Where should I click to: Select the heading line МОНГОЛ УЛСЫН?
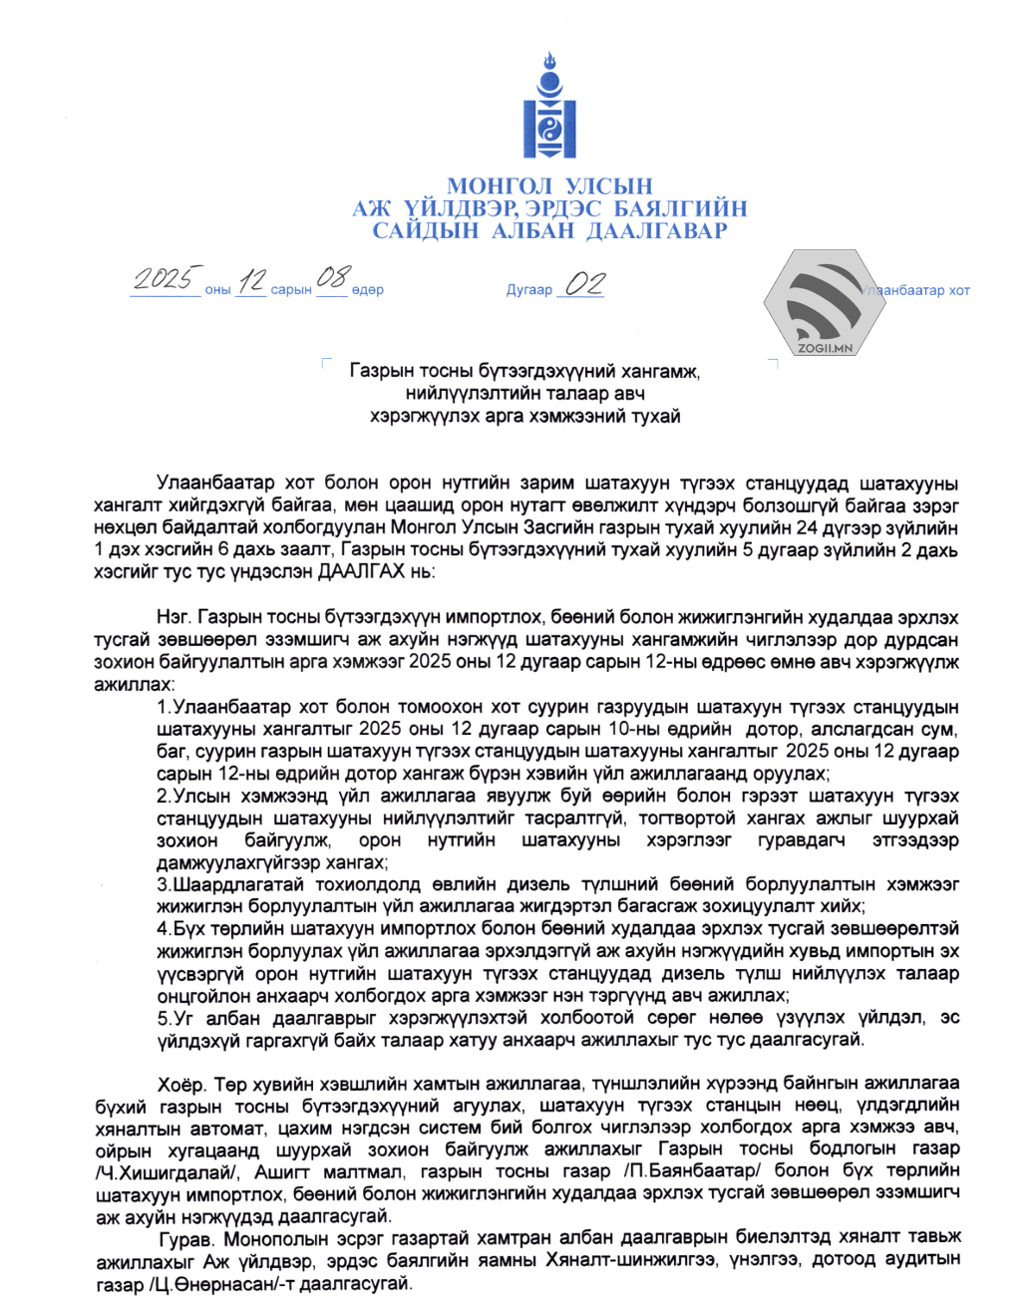pos(549,186)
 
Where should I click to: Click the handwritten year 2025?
pos(165,278)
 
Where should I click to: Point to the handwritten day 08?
pos(333,277)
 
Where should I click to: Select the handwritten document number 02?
pos(583,284)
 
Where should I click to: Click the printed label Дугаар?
pos(528,290)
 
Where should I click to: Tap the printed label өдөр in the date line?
pos(367,290)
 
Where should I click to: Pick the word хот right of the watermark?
pos(958,291)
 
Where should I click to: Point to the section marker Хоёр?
pos(181,1085)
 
